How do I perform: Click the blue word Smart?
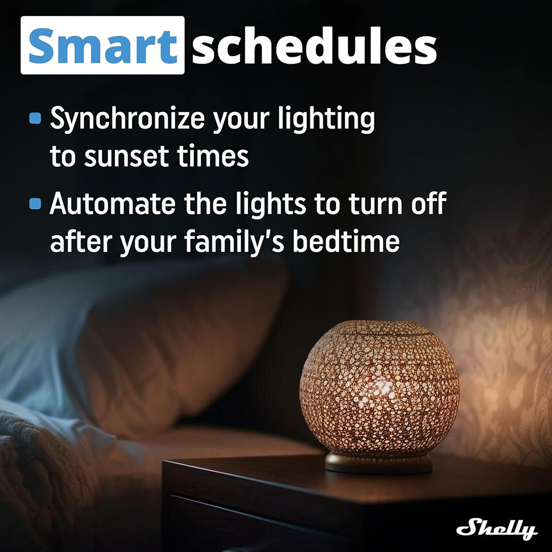point(103,46)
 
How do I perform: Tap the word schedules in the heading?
point(315,46)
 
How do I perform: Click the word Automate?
point(112,204)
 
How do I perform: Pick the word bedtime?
point(346,241)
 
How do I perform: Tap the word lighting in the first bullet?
point(326,119)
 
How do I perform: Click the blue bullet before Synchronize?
point(35,118)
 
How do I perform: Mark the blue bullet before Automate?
point(35,204)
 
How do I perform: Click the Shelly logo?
point(497,528)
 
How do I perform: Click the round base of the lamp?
point(379,463)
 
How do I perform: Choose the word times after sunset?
point(213,156)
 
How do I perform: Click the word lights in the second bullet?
point(270,205)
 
